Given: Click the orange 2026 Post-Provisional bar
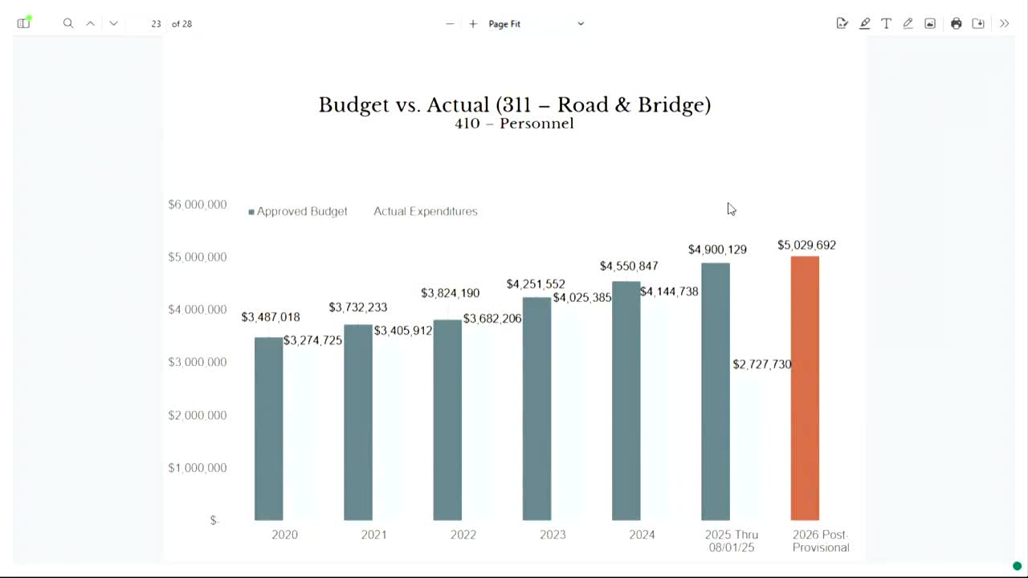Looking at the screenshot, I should pyautogui.click(x=805, y=389).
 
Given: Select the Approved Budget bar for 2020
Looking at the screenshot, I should pyautogui.click(x=269, y=429).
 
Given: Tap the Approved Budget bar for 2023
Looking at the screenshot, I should pyautogui.click(x=536, y=409).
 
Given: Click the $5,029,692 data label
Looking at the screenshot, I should pyautogui.click(x=806, y=245).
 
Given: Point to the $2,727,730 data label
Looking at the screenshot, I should pyautogui.click(x=761, y=364).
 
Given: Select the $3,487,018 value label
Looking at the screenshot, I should pyautogui.click(x=271, y=317).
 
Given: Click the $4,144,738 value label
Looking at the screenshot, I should pyautogui.click(x=669, y=291).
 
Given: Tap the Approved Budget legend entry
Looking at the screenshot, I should pyautogui.click(x=299, y=211).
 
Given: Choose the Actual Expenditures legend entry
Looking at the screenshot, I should pyautogui.click(x=425, y=211).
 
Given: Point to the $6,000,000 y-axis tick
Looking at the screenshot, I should pyautogui.click(x=198, y=205).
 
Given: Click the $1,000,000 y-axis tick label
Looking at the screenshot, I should pyautogui.click(x=198, y=468).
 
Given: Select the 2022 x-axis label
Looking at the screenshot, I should pyautogui.click(x=463, y=535).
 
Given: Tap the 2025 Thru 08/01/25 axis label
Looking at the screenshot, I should pyautogui.click(x=732, y=540).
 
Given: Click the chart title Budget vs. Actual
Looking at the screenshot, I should pyautogui.click(x=514, y=104).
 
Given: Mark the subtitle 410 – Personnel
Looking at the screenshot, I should pyautogui.click(x=514, y=124).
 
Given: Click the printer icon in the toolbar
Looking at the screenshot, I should pyautogui.click(x=956, y=23).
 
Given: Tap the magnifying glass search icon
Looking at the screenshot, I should pyautogui.click(x=68, y=23).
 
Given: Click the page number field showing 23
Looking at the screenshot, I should pyautogui.click(x=156, y=24).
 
